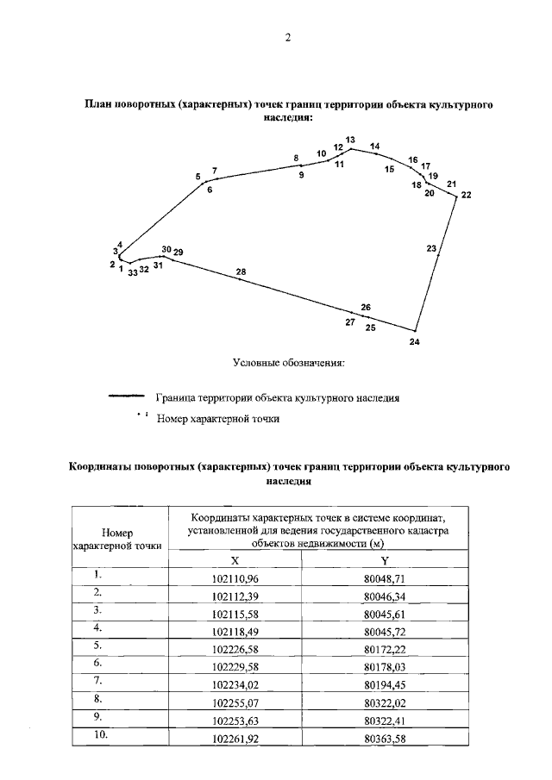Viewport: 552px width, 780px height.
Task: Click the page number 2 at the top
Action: (288, 38)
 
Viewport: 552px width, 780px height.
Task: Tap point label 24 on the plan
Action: (415, 342)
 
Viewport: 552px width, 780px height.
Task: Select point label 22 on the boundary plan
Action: (467, 196)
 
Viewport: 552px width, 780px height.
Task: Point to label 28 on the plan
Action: (241, 272)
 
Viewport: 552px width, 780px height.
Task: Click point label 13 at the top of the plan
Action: (350, 140)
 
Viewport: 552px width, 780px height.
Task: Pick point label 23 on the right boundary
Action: (431, 248)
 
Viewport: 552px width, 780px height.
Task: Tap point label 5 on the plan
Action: (198, 177)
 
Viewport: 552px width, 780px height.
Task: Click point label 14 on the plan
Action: (374, 147)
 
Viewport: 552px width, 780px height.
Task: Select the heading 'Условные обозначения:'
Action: (288, 363)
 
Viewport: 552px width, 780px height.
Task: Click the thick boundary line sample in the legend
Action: (126, 398)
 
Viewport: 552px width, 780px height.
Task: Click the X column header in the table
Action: (236, 559)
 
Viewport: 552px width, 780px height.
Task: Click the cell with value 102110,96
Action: (236, 577)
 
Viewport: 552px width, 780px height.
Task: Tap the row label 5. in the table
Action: (99, 645)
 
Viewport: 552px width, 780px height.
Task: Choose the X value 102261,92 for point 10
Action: (236, 739)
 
